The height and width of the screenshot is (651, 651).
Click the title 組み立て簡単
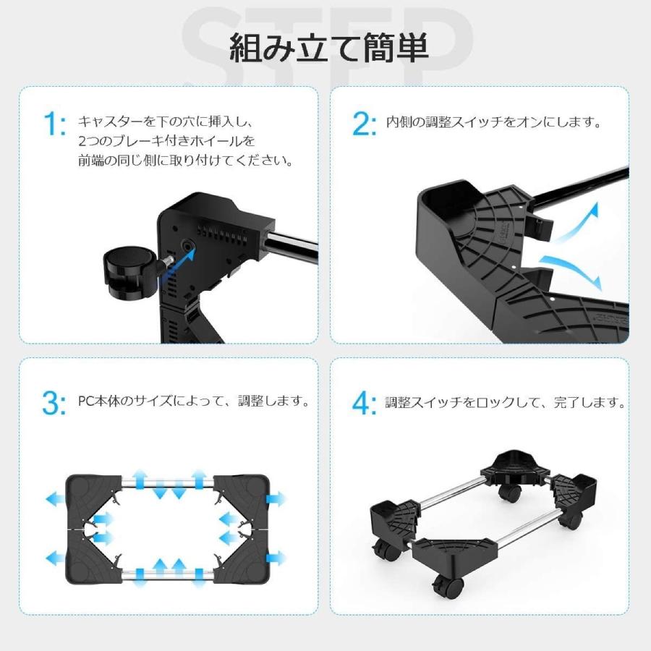[x=329, y=48]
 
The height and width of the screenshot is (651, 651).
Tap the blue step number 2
[x=364, y=124]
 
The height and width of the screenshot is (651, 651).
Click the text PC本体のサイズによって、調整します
[x=194, y=401]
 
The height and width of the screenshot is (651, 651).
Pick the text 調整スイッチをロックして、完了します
[x=506, y=401]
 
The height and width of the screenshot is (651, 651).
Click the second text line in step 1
[x=167, y=141]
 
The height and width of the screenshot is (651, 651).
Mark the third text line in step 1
[x=187, y=161]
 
